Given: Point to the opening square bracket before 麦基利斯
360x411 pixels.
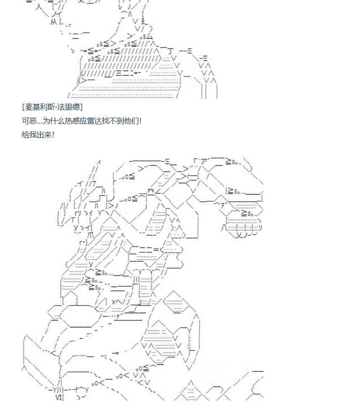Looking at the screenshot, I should (24, 107).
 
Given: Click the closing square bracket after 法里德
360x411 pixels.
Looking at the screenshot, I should (81, 107).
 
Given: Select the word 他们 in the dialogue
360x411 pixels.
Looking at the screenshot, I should (130, 121).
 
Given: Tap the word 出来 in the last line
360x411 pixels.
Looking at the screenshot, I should (42, 135).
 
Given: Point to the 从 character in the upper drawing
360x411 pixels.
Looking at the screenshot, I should (53, 21).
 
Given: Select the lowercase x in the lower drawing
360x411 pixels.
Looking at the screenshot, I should (113, 302).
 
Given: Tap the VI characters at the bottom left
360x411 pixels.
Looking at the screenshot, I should (59, 396).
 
